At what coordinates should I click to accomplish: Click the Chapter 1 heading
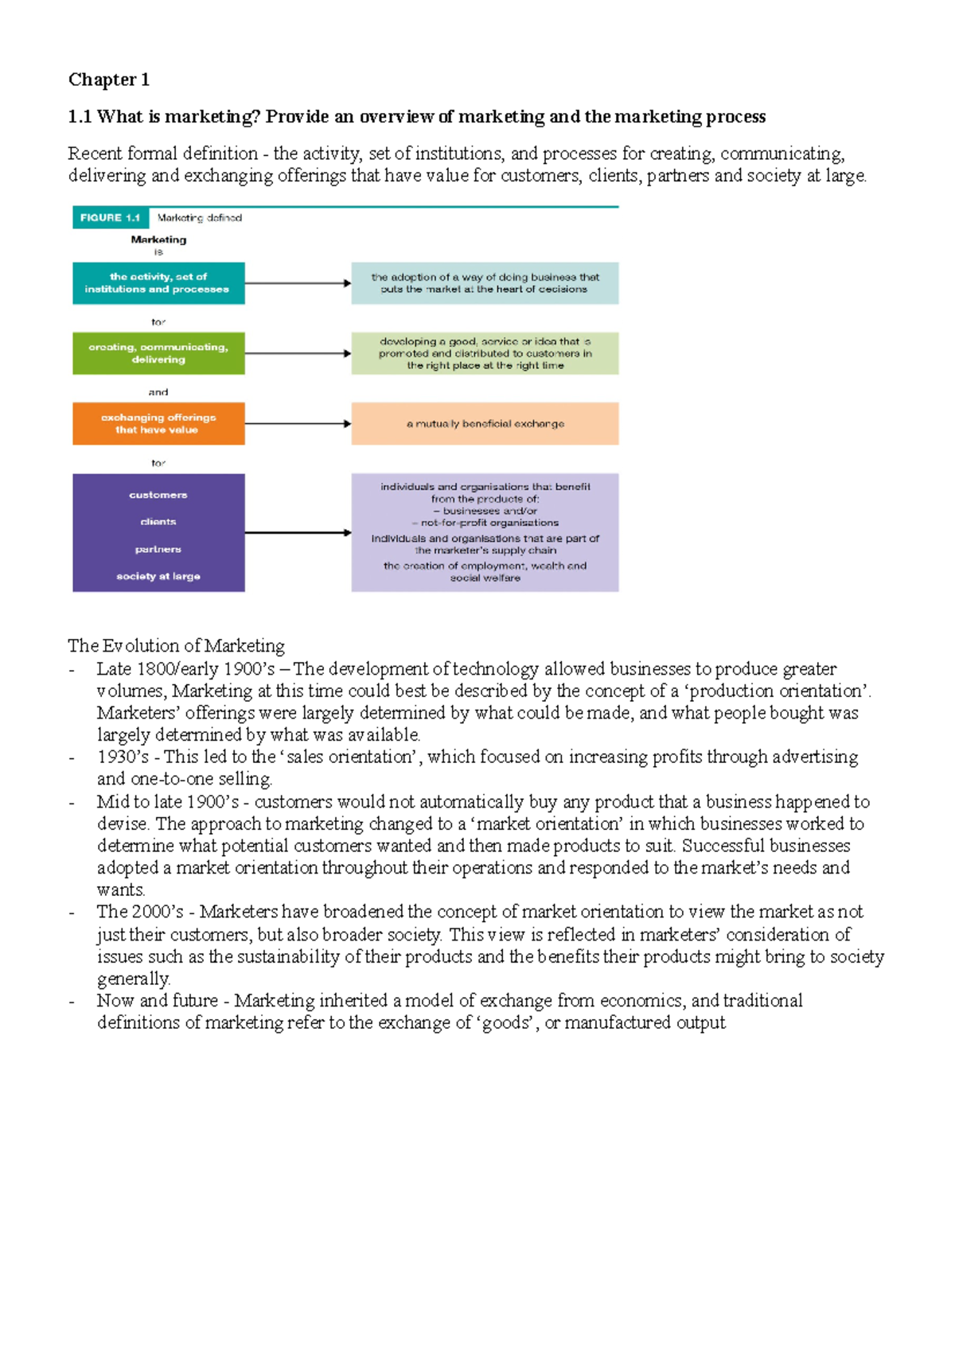tap(108, 80)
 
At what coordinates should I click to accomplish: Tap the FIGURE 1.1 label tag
tap(110, 217)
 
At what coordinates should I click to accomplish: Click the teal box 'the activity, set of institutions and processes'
tap(158, 283)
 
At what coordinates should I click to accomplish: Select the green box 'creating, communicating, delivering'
tap(158, 353)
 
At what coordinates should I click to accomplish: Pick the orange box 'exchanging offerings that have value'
tap(158, 423)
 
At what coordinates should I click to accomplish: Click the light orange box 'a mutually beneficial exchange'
tap(485, 424)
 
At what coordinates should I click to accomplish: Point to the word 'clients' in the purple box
tap(158, 522)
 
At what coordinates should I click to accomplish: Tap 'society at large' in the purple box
tap(158, 576)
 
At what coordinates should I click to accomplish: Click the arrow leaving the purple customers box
tap(298, 532)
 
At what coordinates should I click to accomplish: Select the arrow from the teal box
tap(298, 283)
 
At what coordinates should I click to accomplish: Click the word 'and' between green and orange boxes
tap(158, 392)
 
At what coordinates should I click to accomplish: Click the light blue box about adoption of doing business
tap(485, 283)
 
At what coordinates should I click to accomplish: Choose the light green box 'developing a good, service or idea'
tap(485, 353)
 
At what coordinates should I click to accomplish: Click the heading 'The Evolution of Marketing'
tap(176, 645)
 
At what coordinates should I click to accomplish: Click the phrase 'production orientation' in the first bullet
tap(779, 691)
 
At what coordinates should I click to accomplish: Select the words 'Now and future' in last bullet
tap(157, 1001)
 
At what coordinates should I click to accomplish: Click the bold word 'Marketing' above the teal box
tap(158, 239)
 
